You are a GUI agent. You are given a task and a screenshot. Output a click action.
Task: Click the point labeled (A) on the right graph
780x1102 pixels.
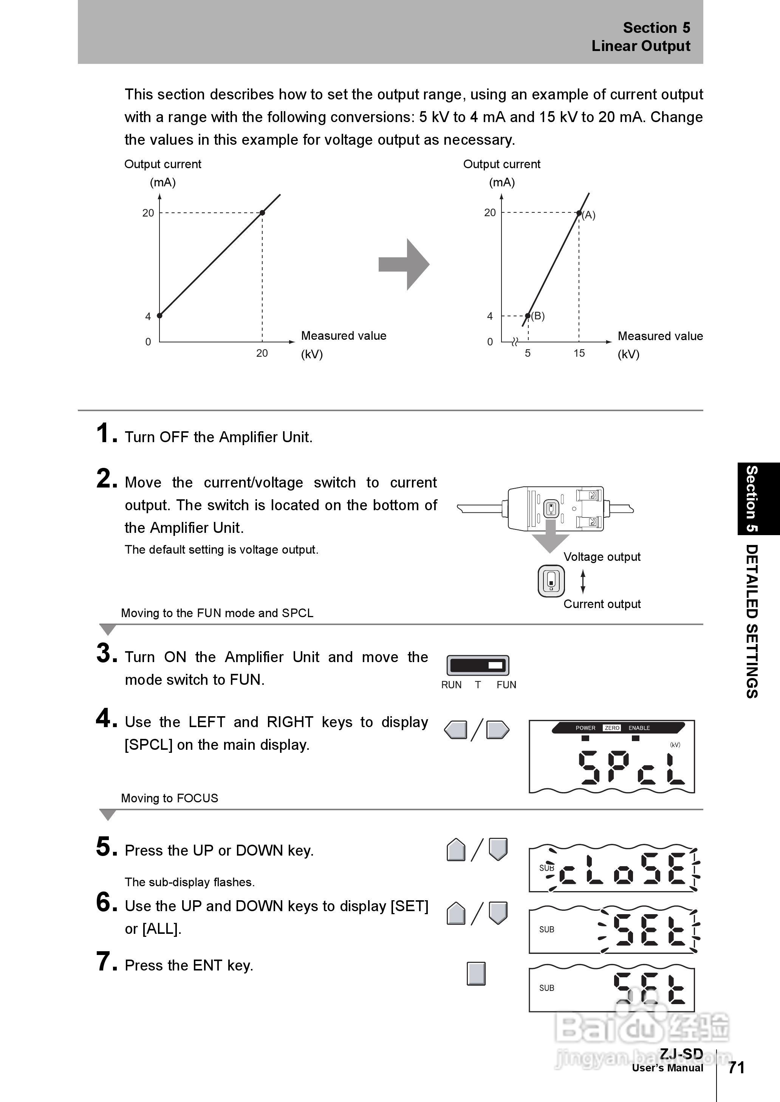(x=579, y=213)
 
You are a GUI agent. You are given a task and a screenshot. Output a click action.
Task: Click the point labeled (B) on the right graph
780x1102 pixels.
(x=528, y=316)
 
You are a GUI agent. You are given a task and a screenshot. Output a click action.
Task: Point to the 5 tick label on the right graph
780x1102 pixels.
(x=527, y=353)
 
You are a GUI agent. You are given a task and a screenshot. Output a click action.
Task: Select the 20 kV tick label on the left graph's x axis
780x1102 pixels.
(x=262, y=353)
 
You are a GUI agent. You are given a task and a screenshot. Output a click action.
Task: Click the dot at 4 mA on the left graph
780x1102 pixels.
(x=159, y=316)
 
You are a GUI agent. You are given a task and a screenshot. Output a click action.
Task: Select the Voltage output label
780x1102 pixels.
(x=602, y=557)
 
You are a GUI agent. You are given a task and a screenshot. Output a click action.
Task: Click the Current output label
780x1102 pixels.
(x=602, y=604)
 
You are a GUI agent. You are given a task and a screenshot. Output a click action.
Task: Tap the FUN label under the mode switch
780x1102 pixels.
(x=506, y=685)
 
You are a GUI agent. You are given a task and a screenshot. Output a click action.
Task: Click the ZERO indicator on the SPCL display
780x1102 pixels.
(x=612, y=728)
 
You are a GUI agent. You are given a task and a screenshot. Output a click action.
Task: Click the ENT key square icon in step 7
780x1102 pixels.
(x=476, y=974)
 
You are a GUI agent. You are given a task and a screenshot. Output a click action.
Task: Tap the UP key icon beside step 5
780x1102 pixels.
(x=456, y=850)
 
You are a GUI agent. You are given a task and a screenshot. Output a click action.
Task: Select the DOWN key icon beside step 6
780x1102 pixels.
(x=498, y=913)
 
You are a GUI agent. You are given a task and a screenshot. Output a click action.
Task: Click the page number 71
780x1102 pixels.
(x=736, y=1068)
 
